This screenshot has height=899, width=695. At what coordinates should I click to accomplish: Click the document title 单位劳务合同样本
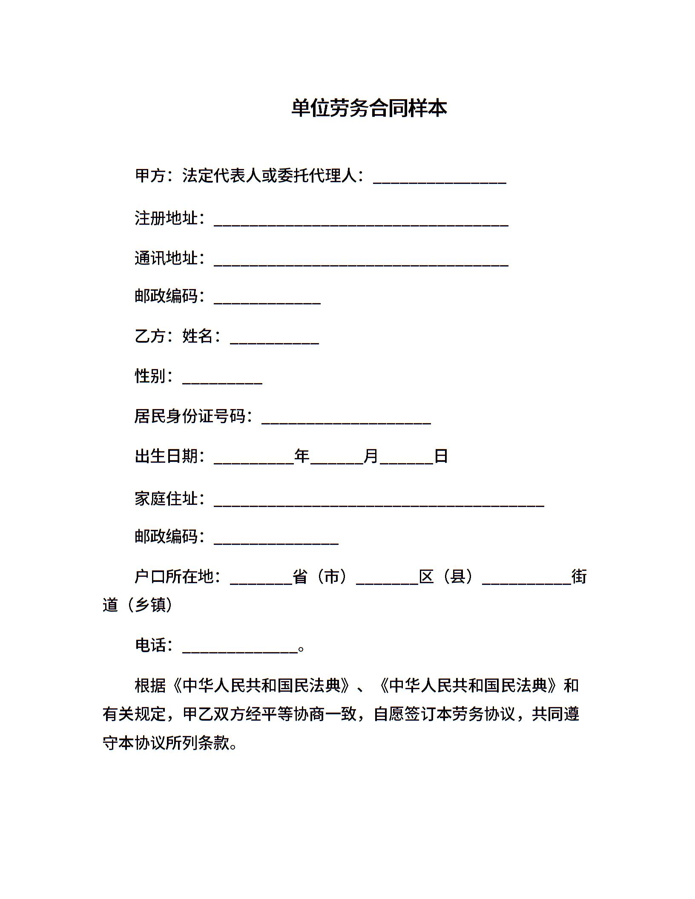pos(369,108)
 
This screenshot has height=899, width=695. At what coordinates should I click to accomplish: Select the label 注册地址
pos(166,218)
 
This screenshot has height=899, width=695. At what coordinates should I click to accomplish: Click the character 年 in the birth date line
pos(302,456)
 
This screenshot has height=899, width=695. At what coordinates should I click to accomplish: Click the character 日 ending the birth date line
pos(441,456)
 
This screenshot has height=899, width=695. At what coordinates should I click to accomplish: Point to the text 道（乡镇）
pos(138,604)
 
